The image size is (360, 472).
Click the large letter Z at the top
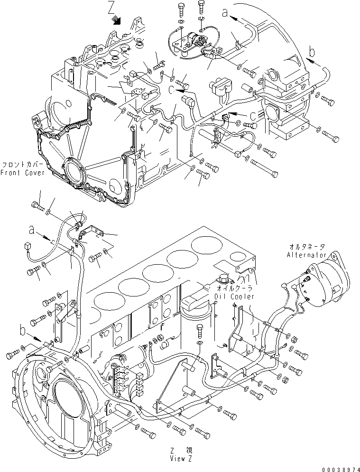[x=111, y=9]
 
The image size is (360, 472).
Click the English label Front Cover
[x=23, y=173]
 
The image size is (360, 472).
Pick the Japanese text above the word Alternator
[x=307, y=247]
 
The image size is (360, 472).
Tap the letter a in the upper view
[x=225, y=13]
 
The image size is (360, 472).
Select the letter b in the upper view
[x=311, y=51]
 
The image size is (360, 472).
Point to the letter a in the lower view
[x=32, y=229]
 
